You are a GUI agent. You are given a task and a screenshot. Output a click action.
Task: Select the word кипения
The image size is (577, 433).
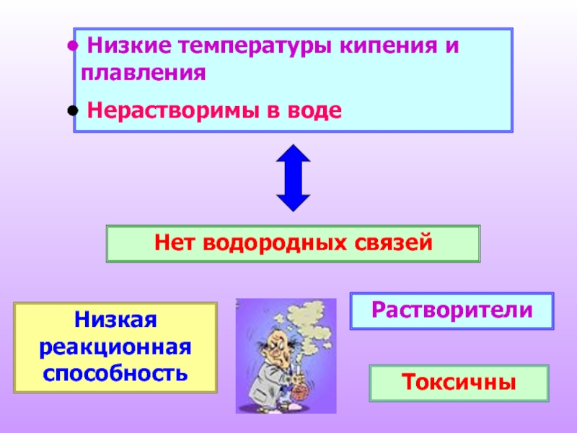pos(389,45)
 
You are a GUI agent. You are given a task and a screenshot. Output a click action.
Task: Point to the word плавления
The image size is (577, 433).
pos(143,73)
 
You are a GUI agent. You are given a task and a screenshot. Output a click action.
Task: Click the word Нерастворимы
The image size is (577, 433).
pos(172,110)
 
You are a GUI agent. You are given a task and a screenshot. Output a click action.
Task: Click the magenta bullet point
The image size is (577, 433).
pos(73,46)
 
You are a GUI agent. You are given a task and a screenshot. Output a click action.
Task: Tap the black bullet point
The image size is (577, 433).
pos(73,110)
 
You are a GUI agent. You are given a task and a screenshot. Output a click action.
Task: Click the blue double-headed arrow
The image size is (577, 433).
pos(294,178)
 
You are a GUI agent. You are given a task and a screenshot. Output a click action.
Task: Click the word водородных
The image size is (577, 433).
pos(275,244)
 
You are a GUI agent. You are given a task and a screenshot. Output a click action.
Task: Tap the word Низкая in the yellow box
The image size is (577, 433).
pos(115,319)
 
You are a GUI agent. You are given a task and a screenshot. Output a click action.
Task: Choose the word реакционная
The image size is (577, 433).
pos(115,347)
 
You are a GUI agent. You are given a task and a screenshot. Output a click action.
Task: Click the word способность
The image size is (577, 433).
pos(115,373)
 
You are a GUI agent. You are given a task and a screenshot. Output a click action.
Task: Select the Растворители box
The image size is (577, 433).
pos(452,311)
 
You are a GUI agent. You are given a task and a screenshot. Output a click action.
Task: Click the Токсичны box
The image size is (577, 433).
pos(459,383)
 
